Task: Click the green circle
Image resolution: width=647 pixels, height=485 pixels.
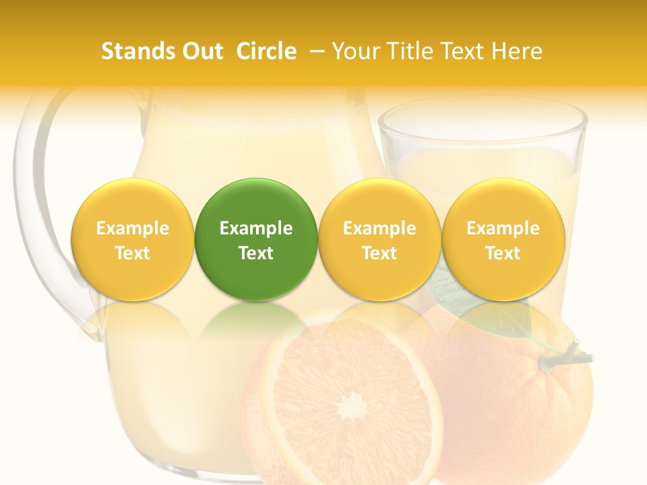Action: tap(256, 239)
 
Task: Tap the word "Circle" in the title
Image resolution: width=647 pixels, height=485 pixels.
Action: tap(266, 51)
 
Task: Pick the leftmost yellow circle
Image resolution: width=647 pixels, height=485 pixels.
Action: tap(133, 239)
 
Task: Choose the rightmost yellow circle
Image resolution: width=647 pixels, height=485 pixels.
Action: tap(503, 239)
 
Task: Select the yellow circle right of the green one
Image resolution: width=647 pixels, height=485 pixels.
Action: tap(379, 239)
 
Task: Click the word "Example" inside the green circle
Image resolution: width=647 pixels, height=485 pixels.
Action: tap(256, 228)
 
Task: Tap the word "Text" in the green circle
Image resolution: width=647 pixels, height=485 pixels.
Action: tap(256, 253)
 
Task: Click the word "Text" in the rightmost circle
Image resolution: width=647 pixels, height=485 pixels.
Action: tap(503, 253)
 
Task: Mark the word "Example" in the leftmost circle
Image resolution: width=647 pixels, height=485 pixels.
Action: tap(133, 228)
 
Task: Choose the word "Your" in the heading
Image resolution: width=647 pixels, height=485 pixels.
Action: tap(354, 51)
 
